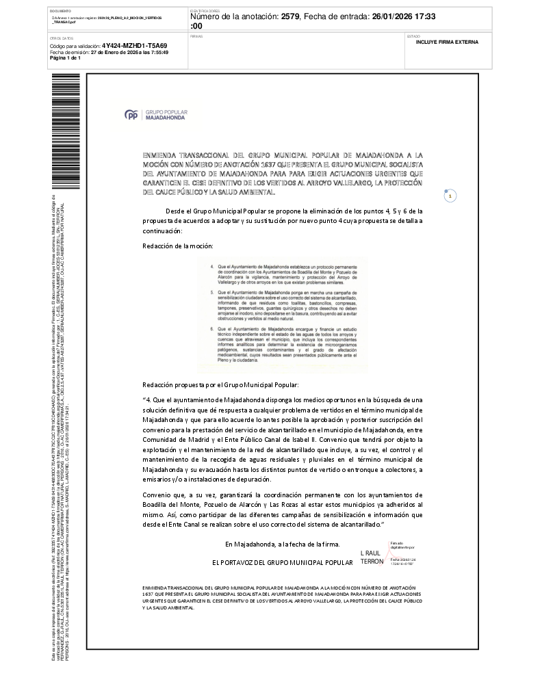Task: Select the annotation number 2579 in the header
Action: coord(291,16)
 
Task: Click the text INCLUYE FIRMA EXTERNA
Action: coord(448,42)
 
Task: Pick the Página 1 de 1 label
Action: coord(65,57)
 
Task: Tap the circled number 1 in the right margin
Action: coord(450,196)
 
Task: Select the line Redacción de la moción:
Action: coord(178,245)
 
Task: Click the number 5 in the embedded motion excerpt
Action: coord(211,292)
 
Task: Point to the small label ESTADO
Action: coord(413,36)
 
